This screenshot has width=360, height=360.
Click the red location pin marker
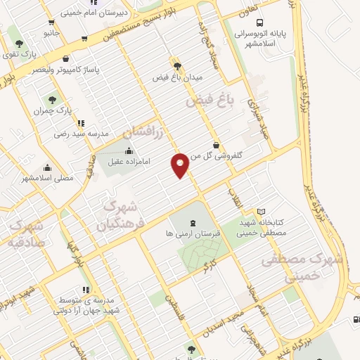pyautogui.click(x=180, y=165)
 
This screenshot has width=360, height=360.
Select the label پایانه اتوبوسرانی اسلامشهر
pyautogui.click(x=261, y=36)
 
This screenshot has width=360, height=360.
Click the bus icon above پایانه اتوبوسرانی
pyautogui.click(x=261, y=22)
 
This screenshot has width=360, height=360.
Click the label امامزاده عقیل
pyautogui.click(x=125, y=161)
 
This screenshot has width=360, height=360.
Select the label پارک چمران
pyautogui.click(x=53, y=110)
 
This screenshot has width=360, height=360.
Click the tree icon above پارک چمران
pyautogui.click(x=52, y=100)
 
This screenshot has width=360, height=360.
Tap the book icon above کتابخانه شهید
pyautogui.click(x=262, y=212)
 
